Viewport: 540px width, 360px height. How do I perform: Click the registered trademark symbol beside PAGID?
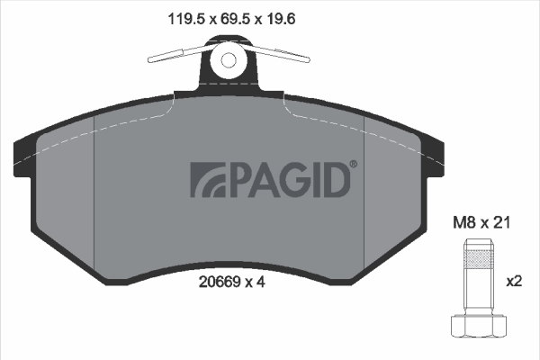click(353, 164)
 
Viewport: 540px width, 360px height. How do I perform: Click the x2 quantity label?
click(514, 282)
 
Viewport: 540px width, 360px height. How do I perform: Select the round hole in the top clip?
click(228, 60)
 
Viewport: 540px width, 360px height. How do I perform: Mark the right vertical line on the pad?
click(363, 189)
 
